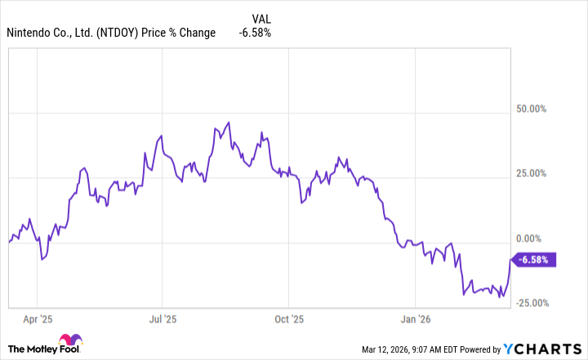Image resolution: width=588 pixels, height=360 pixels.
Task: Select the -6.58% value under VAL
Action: point(255,33)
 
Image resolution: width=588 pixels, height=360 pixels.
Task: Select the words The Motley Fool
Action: point(56,349)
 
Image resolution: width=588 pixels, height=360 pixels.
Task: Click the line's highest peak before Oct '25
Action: point(229,122)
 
